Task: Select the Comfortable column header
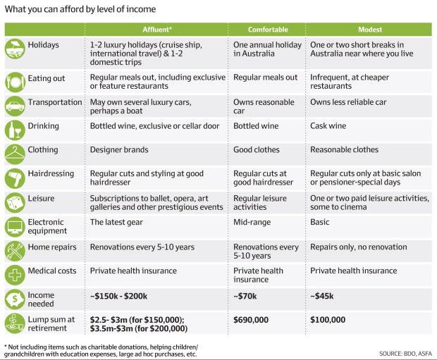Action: click(x=268, y=30)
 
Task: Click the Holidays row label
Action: click(x=43, y=44)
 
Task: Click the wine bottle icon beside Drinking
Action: click(x=16, y=130)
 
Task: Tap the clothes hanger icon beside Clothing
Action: click(x=16, y=153)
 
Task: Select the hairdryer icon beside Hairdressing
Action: click(x=16, y=176)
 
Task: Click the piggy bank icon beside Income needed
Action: click(x=16, y=298)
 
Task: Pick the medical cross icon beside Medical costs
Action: click(x=16, y=274)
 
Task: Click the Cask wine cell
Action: click(x=331, y=126)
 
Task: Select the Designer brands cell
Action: click(x=119, y=149)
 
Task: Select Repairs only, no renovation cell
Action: click(x=358, y=247)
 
